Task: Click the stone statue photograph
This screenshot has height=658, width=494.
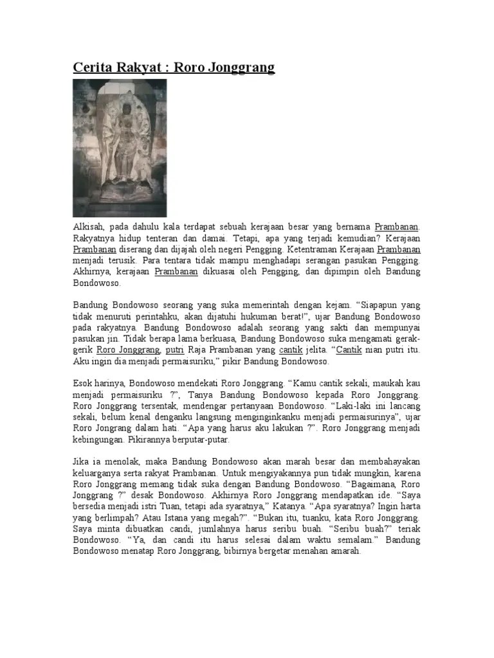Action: pyautogui.click(x=120, y=148)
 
